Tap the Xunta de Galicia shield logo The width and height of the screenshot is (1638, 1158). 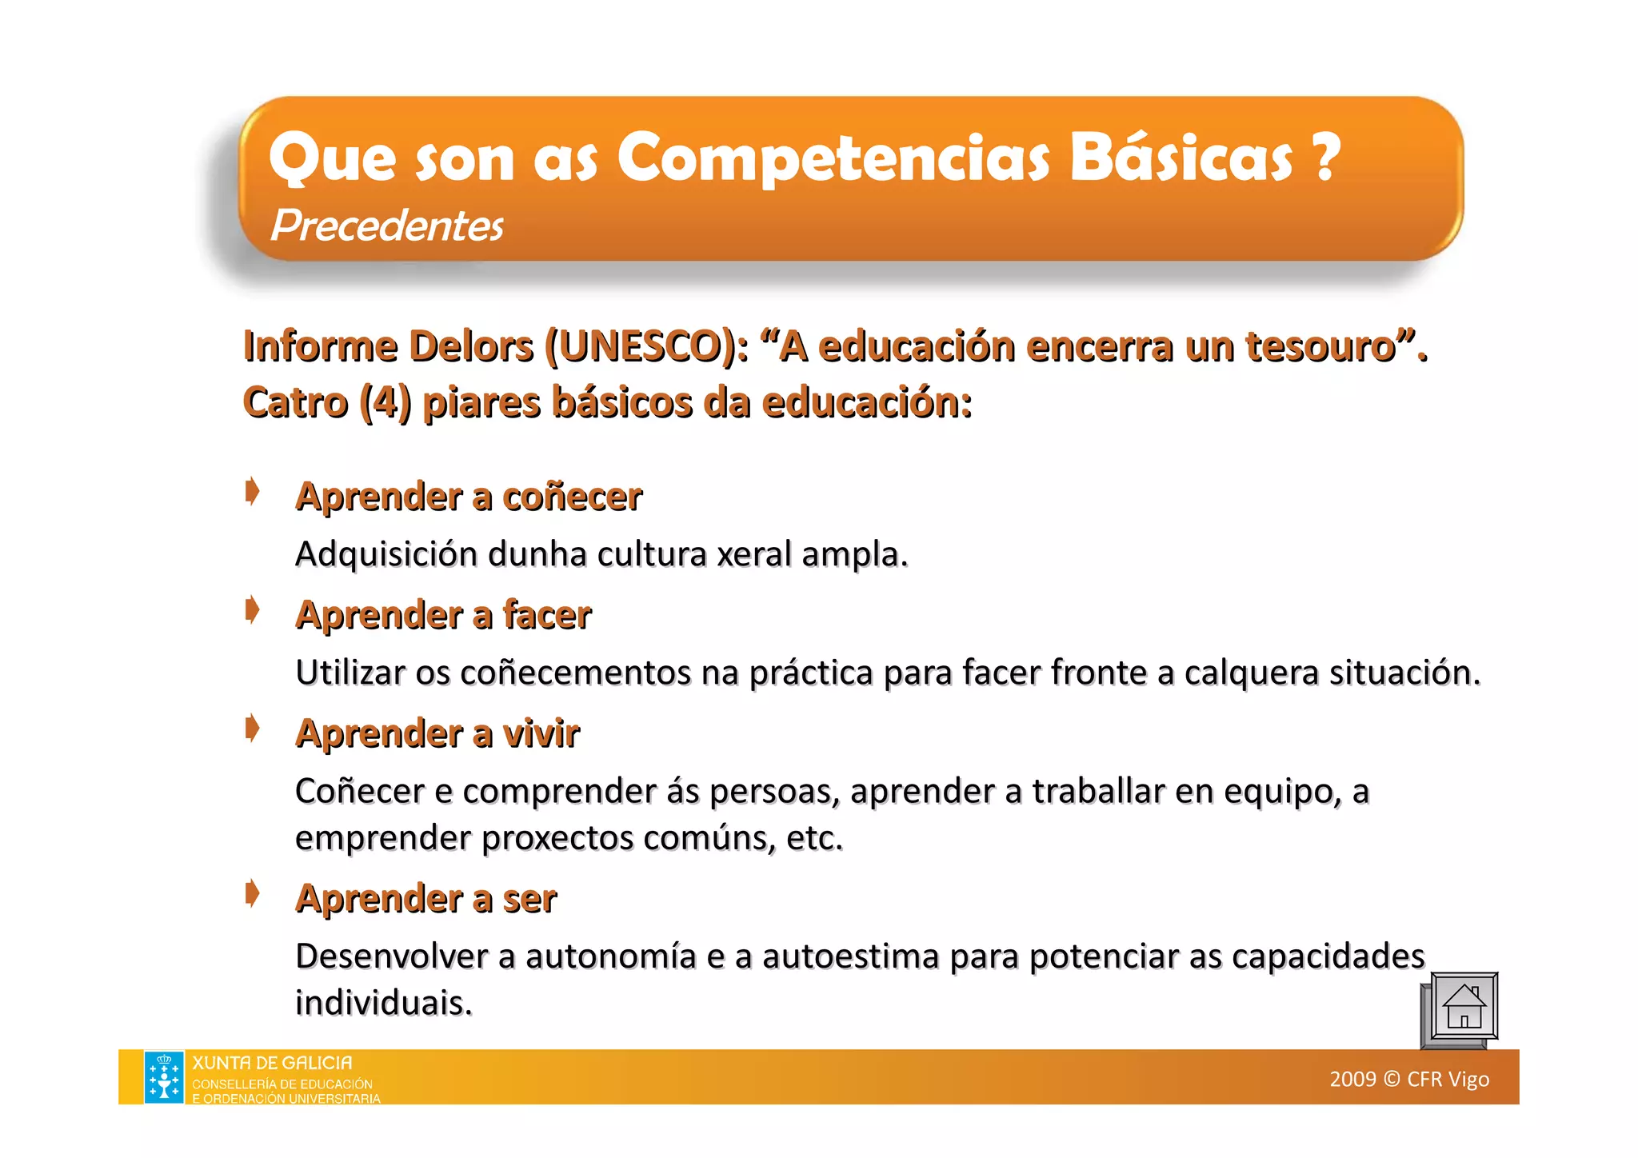pyautogui.click(x=164, y=1077)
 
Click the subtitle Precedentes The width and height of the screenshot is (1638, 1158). pyautogui.click(x=387, y=226)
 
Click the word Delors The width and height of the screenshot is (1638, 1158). pyautogui.click(x=471, y=347)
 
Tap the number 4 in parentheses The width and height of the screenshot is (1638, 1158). pyautogui.click(x=386, y=402)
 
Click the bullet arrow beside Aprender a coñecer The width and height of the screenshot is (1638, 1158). pyautogui.click(x=253, y=492)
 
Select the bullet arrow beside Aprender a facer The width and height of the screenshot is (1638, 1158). pyautogui.click(x=253, y=610)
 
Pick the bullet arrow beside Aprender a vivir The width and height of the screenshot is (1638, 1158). pyautogui.click(x=253, y=729)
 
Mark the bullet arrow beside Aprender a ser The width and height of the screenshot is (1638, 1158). pyautogui.click(x=253, y=893)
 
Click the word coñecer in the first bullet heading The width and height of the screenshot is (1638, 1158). pyautogui.click(x=572, y=497)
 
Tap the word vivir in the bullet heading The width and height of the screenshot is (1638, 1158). pyautogui.click(x=541, y=734)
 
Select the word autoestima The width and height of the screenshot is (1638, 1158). pyautogui.click(x=850, y=956)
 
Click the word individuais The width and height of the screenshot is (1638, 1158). pyautogui.click(x=383, y=1003)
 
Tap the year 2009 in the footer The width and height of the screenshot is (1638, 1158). pyautogui.click(x=1352, y=1080)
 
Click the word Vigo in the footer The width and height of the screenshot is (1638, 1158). pyautogui.click(x=1468, y=1080)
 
